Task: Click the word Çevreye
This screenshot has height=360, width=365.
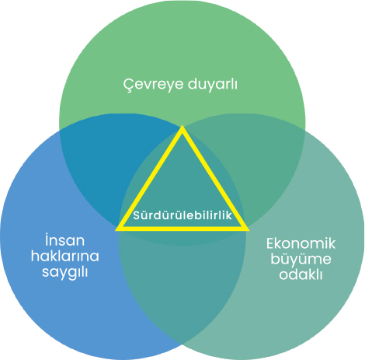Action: click(x=153, y=85)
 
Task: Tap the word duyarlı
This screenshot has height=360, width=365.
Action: click(x=212, y=83)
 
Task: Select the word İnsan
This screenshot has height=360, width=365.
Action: click(x=64, y=240)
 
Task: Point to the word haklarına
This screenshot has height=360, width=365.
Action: click(x=65, y=256)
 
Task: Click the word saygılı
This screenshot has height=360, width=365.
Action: click(x=65, y=272)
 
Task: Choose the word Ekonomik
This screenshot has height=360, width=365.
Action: click(x=301, y=243)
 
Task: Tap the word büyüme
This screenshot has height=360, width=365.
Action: click(x=301, y=260)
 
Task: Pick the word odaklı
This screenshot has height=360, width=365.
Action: click(x=301, y=274)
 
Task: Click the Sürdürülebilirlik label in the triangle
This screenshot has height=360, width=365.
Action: click(x=182, y=215)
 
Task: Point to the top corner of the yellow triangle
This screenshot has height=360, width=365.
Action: click(x=182, y=126)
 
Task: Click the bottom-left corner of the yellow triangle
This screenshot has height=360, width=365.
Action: click(x=116, y=230)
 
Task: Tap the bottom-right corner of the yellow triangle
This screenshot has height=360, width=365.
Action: click(x=249, y=230)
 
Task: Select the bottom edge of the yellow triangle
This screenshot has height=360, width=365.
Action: click(x=182, y=229)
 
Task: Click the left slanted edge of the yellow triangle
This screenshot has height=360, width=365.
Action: click(x=149, y=177)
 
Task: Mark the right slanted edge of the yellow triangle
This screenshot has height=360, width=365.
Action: click(x=215, y=177)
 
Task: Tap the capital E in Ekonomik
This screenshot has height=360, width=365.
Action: click(x=270, y=243)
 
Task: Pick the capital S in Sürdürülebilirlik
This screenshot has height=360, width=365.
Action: click(x=137, y=215)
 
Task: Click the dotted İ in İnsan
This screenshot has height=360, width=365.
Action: click(x=47, y=240)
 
